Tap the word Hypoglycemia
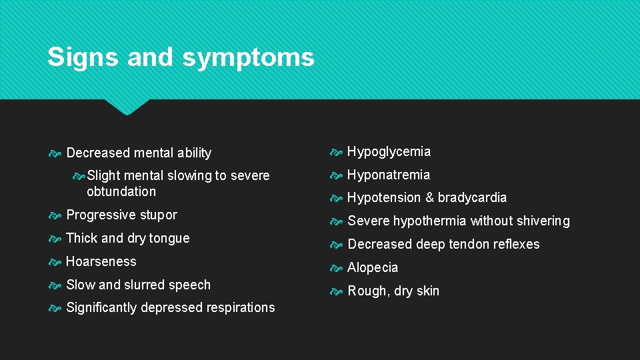389,152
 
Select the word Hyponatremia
389,175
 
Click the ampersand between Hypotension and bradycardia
429,198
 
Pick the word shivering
539,221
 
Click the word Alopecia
373,268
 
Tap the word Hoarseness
101,262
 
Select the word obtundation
121,192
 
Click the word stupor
158,215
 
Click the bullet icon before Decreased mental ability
55,153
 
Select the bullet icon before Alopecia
337,268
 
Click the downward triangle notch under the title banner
127,107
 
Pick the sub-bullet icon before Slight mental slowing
79,176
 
